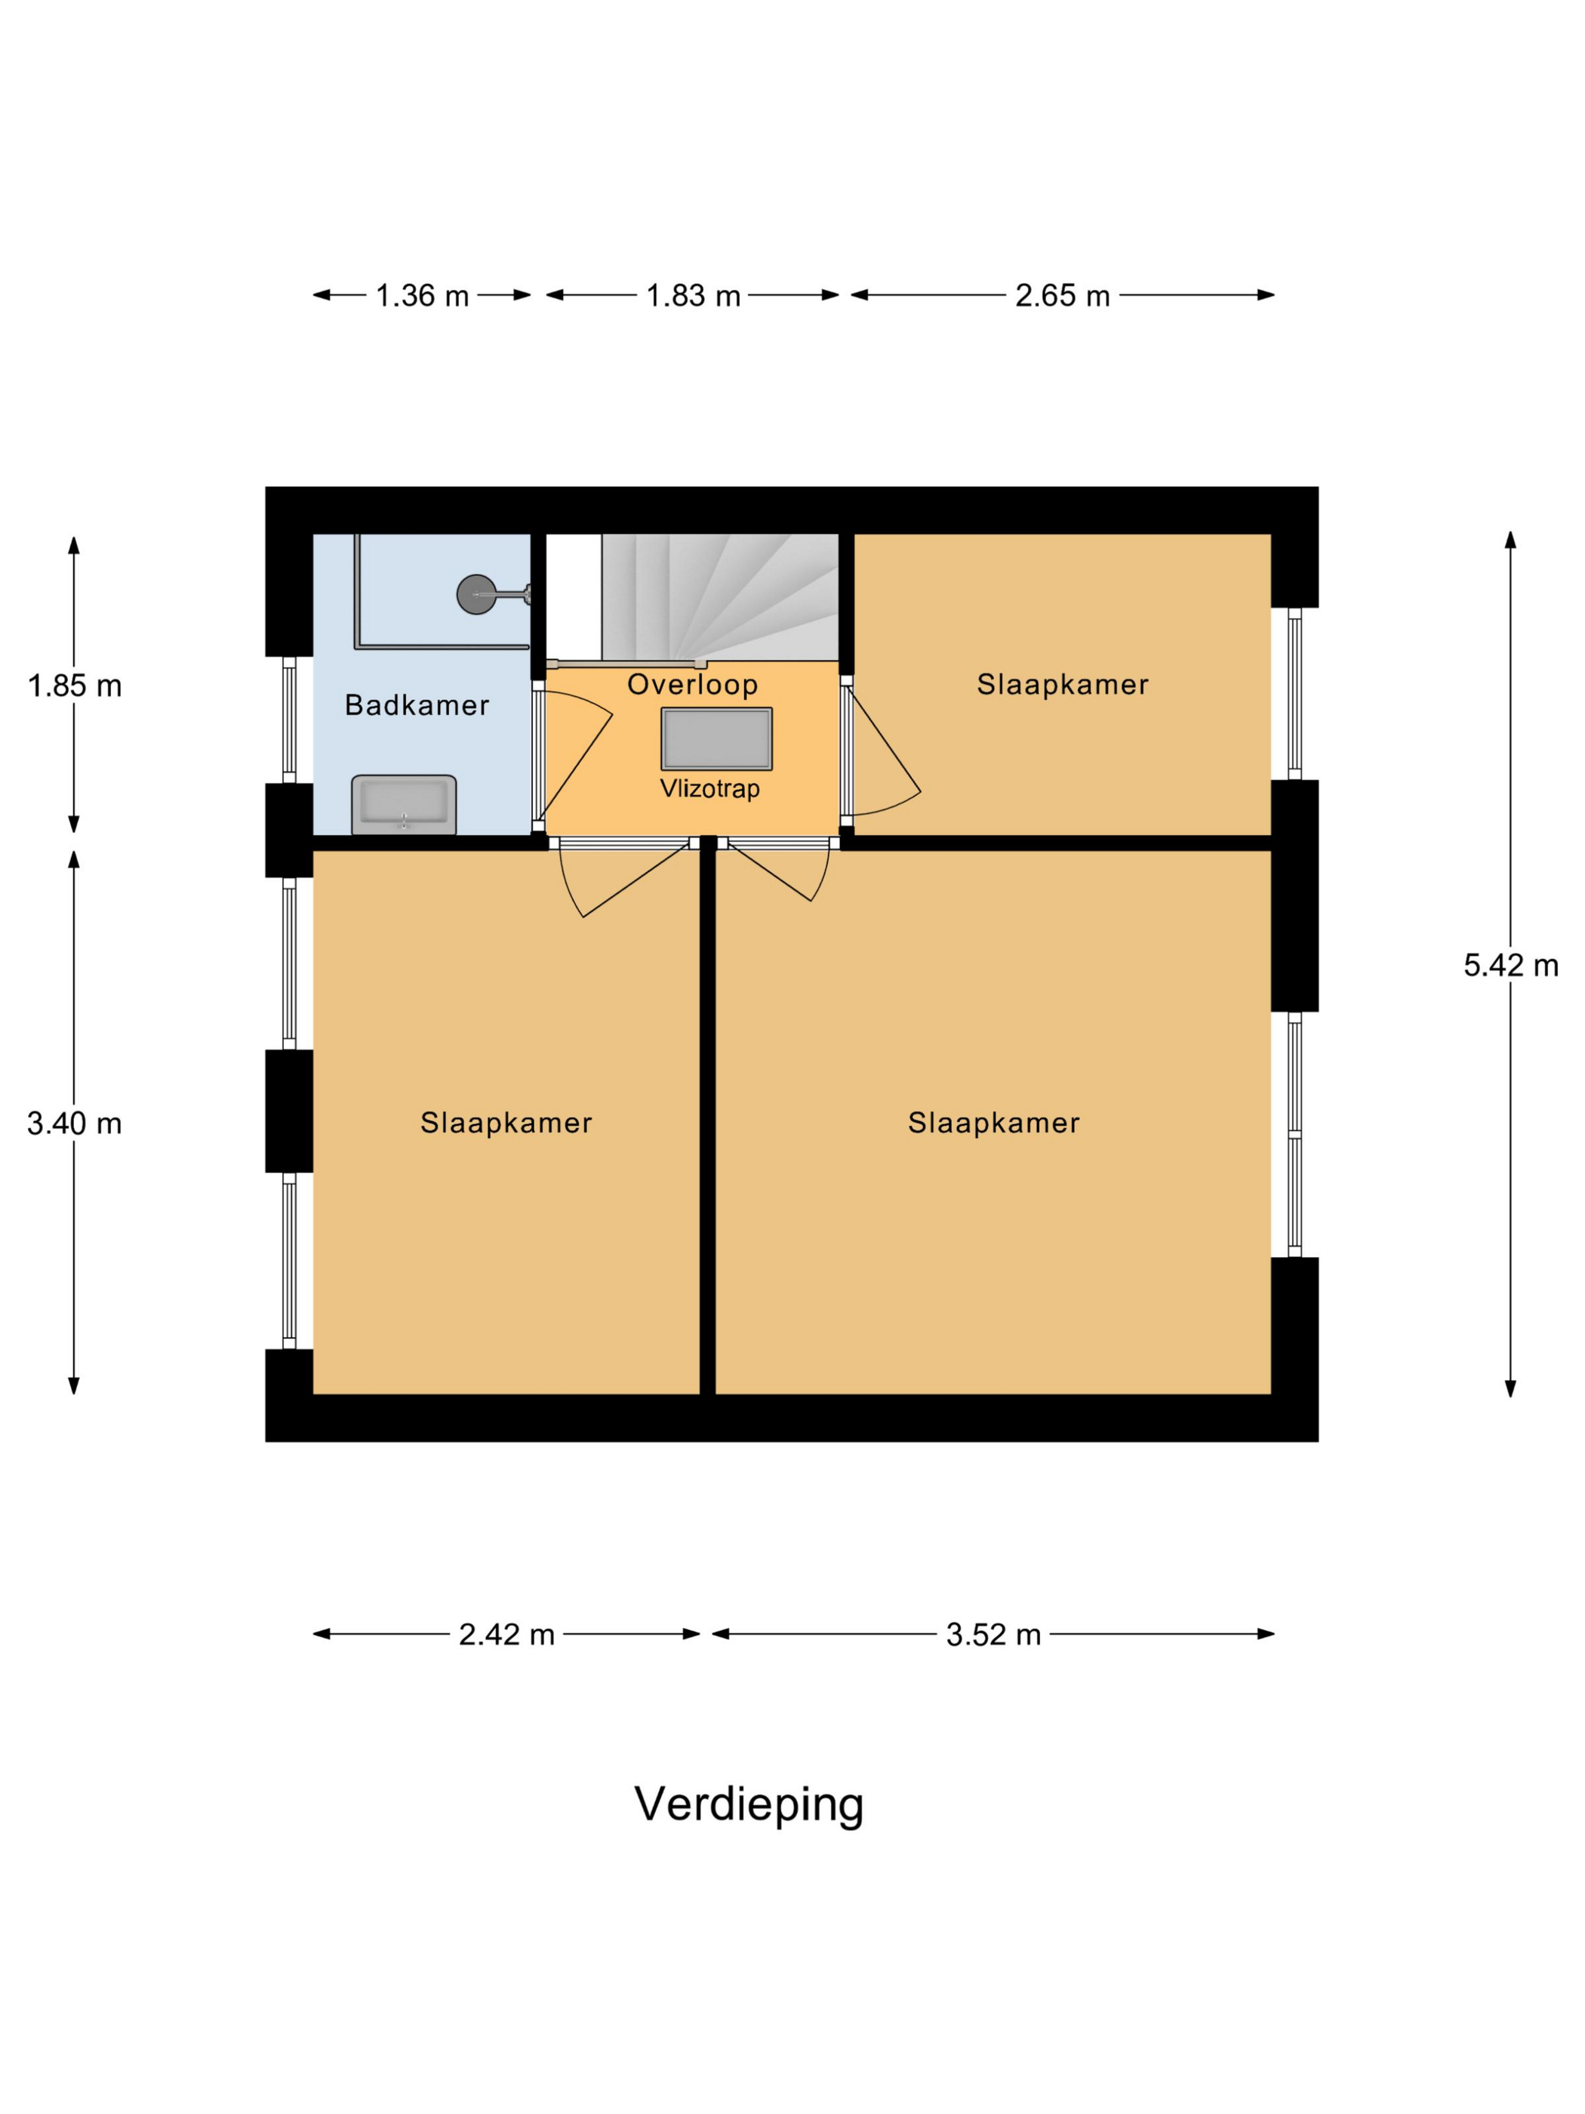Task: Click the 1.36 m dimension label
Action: tap(421, 295)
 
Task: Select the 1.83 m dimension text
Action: tap(693, 295)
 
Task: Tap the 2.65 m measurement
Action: tap(1061, 295)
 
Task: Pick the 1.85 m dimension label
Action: tap(75, 686)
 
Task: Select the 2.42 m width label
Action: tap(506, 1635)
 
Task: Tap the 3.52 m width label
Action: tap(993, 1635)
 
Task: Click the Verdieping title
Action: tap(748, 1804)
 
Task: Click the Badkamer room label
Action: tap(417, 705)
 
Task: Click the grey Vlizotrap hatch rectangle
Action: tap(716, 738)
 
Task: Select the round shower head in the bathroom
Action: tap(475, 594)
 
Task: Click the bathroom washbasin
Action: tap(403, 804)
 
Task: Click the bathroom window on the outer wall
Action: tap(290, 720)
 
